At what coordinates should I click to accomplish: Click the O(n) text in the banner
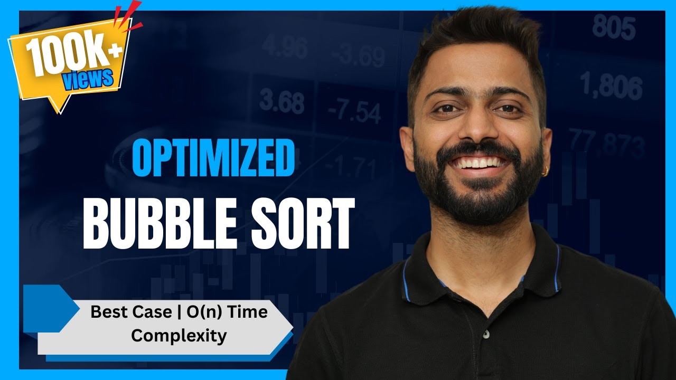pyautogui.click(x=202, y=312)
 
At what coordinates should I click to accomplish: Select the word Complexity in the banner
pyautogui.click(x=179, y=335)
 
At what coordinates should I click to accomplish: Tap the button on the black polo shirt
pyautogui.click(x=484, y=334)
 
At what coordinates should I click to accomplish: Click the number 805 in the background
pyautogui.click(x=613, y=27)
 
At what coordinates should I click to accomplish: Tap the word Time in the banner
pyautogui.click(x=249, y=312)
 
